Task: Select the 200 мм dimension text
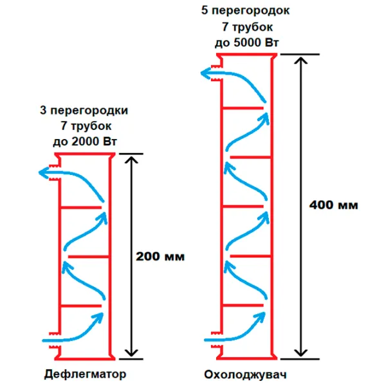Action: (160, 256)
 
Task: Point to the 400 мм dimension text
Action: (333, 205)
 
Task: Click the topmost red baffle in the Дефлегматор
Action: (81, 207)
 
